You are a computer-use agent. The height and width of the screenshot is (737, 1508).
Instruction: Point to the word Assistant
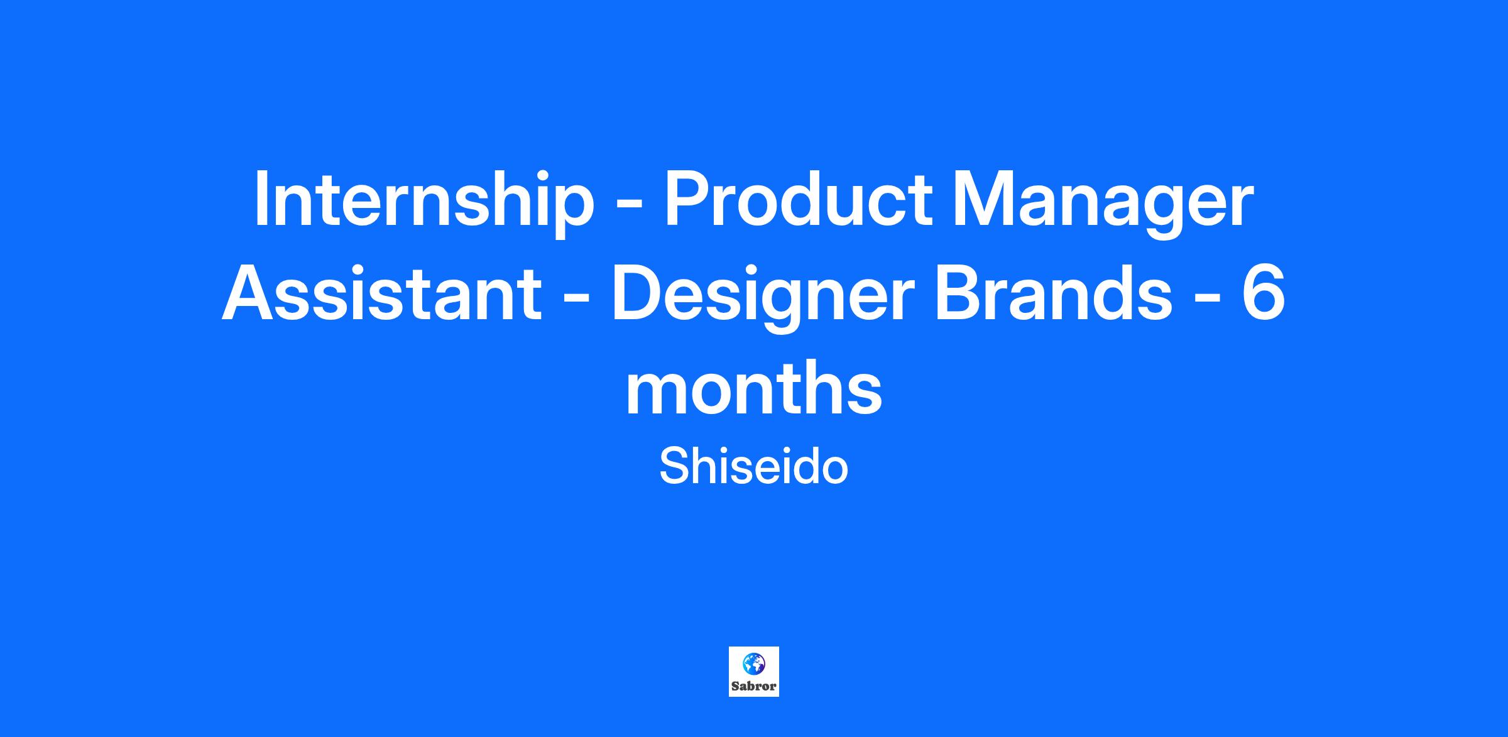pos(381,293)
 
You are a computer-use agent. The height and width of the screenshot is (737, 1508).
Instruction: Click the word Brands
pos(1052,293)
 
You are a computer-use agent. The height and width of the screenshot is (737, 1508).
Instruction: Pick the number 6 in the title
pos(1262,293)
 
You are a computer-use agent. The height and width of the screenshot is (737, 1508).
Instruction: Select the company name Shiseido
pos(753,467)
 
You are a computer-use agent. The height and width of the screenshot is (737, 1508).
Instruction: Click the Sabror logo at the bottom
pos(754,672)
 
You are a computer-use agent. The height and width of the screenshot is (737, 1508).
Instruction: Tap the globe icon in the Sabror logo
pos(754,663)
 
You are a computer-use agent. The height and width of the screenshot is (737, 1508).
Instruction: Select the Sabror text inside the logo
pos(754,686)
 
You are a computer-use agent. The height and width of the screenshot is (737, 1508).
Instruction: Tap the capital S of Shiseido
pos(673,467)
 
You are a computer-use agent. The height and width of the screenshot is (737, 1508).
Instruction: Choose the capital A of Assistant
pos(249,293)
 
